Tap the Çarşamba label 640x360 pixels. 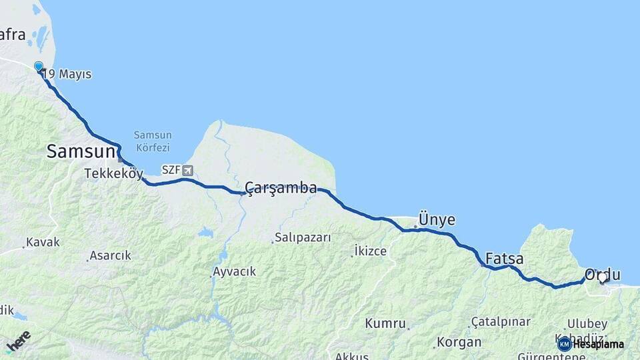pyautogui.click(x=281, y=188)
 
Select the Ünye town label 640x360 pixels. pyautogui.click(x=436, y=220)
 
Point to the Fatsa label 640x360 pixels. pyautogui.click(x=504, y=259)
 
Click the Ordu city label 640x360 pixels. pyautogui.click(x=602, y=275)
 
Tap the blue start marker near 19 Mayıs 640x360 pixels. pyautogui.click(x=39, y=67)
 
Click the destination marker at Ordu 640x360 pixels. pyautogui.click(x=603, y=277)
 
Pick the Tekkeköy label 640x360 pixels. pyautogui.click(x=114, y=174)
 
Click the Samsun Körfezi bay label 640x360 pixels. pyautogui.click(x=152, y=141)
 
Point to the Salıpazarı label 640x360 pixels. pyautogui.click(x=303, y=237)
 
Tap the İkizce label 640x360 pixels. pyautogui.click(x=371, y=251)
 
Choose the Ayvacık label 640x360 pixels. pyautogui.click(x=234, y=272)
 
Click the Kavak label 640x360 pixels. pyautogui.click(x=43, y=243)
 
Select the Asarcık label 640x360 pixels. pyautogui.click(x=111, y=255)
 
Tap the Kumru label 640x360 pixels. pyautogui.click(x=385, y=323)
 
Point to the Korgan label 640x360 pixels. pyautogui.click(x=459, y=342)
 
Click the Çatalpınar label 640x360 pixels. pyautogui.click(x=503, y=321)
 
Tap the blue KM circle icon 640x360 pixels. pyautogui.click(x=564, y=344)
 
